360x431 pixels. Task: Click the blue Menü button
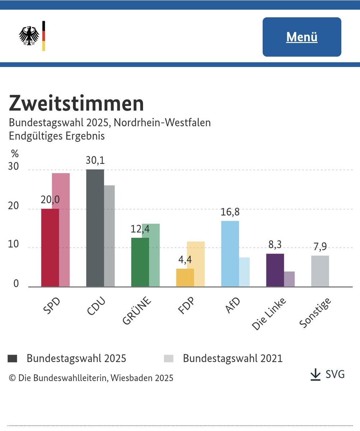(x=302, y=37)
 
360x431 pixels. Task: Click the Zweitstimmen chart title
(x=76, y=104)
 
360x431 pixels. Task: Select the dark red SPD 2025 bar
(x=50, y=248)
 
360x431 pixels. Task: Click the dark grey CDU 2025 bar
(x=95, y=228)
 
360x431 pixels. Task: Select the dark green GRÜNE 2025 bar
(x=140, y=262)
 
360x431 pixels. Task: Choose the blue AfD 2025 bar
(x=230, y=254)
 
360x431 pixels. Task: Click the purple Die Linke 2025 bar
(x=275, y=270)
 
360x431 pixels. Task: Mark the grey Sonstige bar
(x=320, y=271)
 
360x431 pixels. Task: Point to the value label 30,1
(x=95, y=160)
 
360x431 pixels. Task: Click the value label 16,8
(x=230, y=212)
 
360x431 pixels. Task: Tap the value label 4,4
(x=185, y=260)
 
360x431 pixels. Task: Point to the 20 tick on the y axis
(x=13, y=209)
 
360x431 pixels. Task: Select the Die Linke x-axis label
(x=269, y=313)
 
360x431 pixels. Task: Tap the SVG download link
(x=327, y=374)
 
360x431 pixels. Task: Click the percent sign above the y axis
(x=14, y=154)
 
